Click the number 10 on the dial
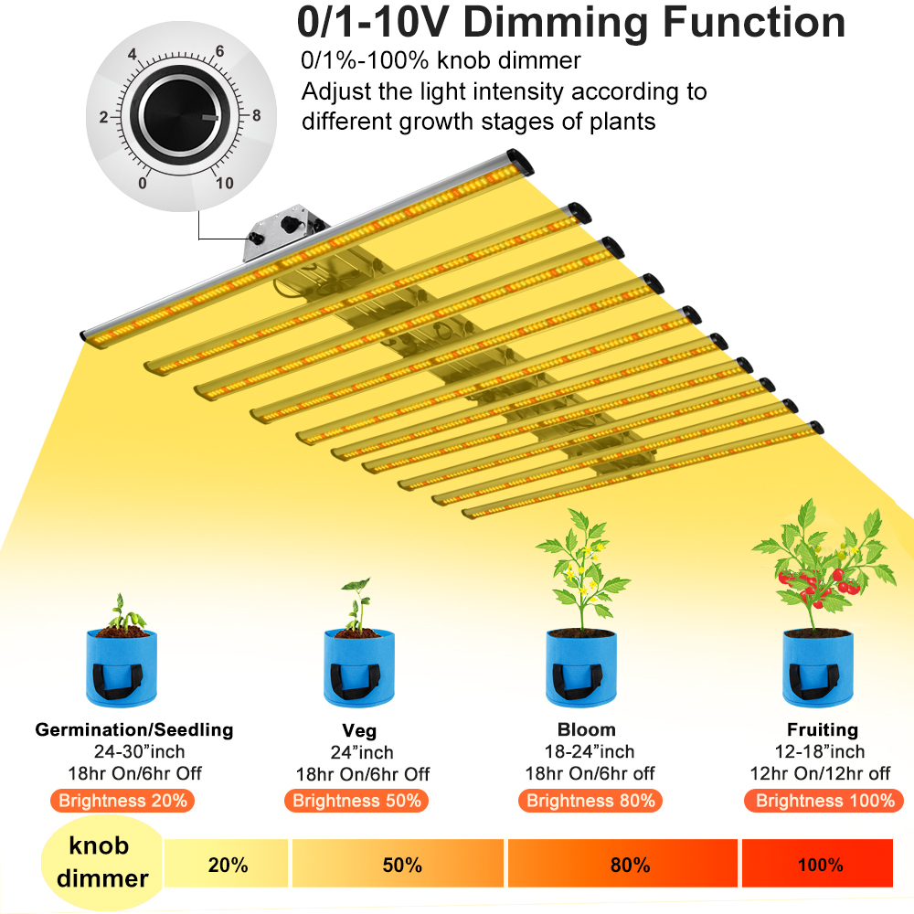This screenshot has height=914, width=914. point(225,183)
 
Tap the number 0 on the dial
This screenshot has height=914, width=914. point(143,183)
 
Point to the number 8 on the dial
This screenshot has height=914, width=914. point(257,115)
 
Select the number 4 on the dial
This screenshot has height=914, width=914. point(133,54)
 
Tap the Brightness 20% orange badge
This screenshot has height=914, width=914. point(122,801)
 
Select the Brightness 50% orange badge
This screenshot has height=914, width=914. point(356,801)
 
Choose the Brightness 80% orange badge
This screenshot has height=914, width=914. point(590,801)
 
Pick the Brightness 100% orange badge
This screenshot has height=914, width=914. point(824,801)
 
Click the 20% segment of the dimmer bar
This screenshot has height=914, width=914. point(226,864)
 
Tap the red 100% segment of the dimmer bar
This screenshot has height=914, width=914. point(817,864)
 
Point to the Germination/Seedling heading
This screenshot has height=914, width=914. point(134,729)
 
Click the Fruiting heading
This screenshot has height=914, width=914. point(823,729)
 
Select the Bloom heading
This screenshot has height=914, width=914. point(587,729)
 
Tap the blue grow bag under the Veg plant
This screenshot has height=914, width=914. point(359,668)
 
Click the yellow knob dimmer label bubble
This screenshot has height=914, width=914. point(102,863)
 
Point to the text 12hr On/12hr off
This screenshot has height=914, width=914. point(820,773)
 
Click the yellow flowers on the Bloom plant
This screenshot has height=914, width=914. point(583,569)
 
